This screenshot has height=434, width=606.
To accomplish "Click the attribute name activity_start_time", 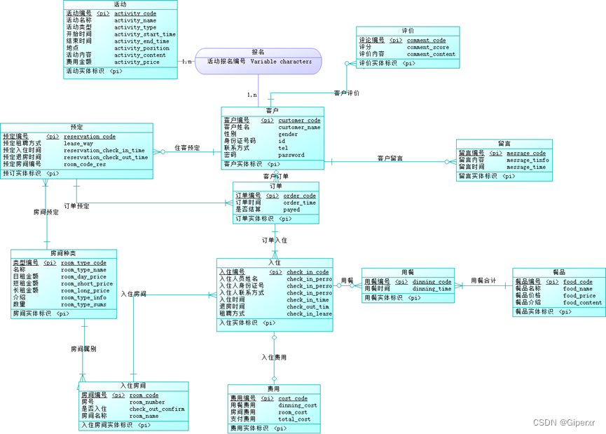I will (145, 34).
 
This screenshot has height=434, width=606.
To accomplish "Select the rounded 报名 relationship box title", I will (258, 52).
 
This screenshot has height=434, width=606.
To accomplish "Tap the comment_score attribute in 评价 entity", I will (428, 47).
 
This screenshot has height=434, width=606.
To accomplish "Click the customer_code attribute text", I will (299, 121).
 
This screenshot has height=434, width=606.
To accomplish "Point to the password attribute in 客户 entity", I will (291, 155).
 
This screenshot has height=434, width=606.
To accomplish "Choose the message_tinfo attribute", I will (528, 160).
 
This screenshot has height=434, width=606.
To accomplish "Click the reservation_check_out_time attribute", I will (106, 158).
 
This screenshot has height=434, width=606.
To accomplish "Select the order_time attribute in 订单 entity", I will (299, 203).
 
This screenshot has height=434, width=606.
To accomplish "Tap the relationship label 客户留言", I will (390, 159).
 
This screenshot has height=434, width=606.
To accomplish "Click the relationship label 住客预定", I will (187, 148).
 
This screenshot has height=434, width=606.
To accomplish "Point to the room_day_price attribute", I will (85, 277).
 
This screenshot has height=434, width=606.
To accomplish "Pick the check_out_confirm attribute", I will (157, 409).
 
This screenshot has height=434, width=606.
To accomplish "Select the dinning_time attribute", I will (432, 289).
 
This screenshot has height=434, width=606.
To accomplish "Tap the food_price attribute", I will (579, 296).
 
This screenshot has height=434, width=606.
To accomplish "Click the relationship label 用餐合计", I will (483, 281).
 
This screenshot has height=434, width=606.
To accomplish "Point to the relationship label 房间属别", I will (83, 348).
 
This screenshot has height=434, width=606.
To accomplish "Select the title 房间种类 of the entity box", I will (63, 253).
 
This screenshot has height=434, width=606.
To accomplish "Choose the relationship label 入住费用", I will (274, 358).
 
